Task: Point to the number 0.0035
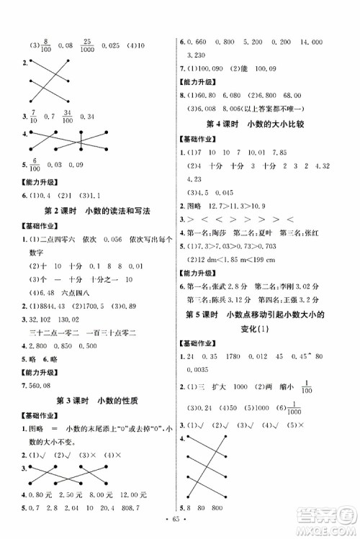point(201,371)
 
